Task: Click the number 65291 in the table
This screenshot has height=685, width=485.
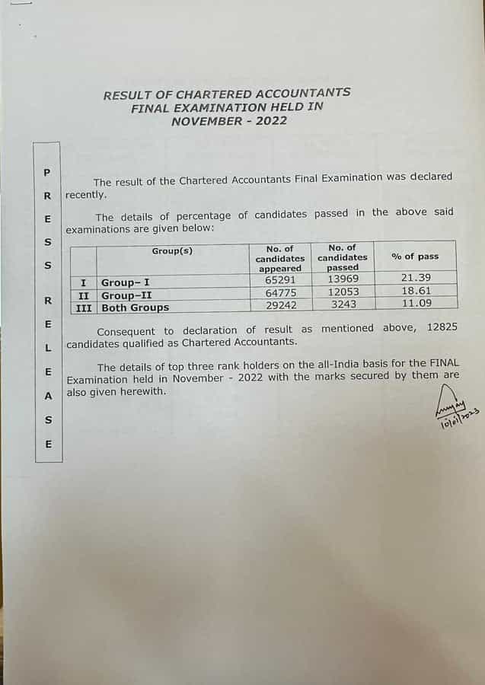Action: coord(280,279)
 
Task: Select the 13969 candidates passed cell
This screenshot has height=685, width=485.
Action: coord(343,279)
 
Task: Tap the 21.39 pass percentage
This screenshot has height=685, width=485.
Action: coord(416,278)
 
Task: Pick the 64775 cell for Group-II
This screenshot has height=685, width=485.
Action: coord(280,292)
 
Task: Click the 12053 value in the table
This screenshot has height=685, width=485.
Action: coord(343,292)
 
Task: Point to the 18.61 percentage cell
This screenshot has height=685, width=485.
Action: coord(416,291)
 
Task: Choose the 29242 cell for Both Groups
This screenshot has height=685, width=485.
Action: coord(280,304)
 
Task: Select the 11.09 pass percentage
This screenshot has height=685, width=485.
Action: coord(416,303)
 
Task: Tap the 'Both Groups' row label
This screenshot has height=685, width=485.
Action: coord(136,307)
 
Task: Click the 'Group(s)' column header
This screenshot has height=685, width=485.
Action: coord(172,250)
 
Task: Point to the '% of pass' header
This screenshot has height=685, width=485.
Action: coord(415,256)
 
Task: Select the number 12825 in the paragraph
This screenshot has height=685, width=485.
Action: coord(437,327)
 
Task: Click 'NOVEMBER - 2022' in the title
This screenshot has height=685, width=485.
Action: coord(228,120)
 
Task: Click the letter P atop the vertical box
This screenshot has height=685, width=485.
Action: coord(47,172)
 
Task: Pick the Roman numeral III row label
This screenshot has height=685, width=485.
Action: coord(85,307)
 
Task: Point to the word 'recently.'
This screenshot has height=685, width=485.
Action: coord(86,195)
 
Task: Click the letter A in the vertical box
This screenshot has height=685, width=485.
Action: coord(48,396)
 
